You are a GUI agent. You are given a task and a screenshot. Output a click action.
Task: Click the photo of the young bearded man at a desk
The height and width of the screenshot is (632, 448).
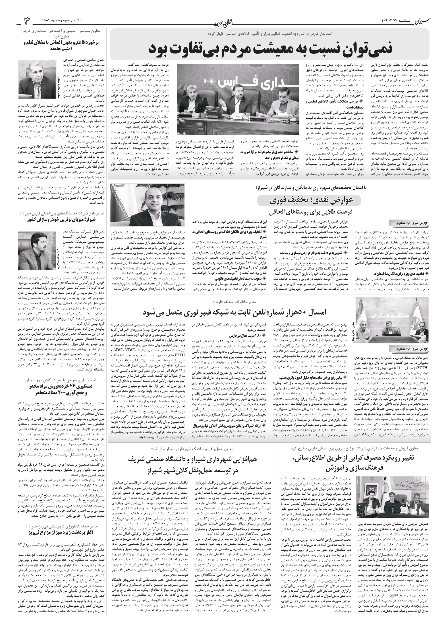tap(37, 251)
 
